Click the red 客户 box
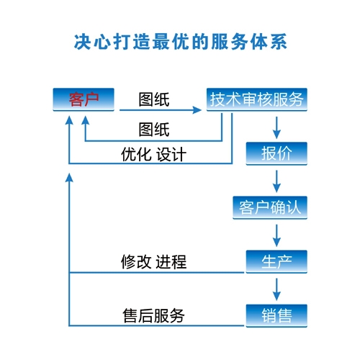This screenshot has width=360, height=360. tap(84, 99)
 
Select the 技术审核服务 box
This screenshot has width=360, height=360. tap(257, 99)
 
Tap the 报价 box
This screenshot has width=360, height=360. tap(276, 153)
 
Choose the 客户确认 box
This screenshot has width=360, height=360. tap(270, 207)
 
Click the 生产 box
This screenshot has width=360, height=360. tap(276, 261)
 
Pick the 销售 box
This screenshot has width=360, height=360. tap(276, 315)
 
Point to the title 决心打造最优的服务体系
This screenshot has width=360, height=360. tap(181, 42)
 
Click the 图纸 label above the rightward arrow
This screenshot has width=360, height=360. tap(154, 99)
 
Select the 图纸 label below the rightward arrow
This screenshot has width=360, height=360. tap(154, 130)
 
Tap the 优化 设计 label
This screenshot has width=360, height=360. tap(153, 154)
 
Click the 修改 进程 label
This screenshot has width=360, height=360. tap(153, 261)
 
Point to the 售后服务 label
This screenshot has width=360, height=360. tap(153, 315)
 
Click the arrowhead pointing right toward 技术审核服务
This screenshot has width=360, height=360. tap(197, 110)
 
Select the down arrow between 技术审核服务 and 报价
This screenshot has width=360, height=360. tap(276, 127)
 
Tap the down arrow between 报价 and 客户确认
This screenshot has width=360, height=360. tap(276, 181)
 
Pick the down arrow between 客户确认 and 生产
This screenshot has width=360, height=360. tap(276, 235)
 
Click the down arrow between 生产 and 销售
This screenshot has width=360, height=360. tap(276, 289)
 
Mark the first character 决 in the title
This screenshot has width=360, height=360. tap(83, 42)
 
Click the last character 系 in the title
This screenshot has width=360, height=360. tap(279, 42)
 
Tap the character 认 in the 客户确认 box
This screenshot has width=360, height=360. tap(293, 207)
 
